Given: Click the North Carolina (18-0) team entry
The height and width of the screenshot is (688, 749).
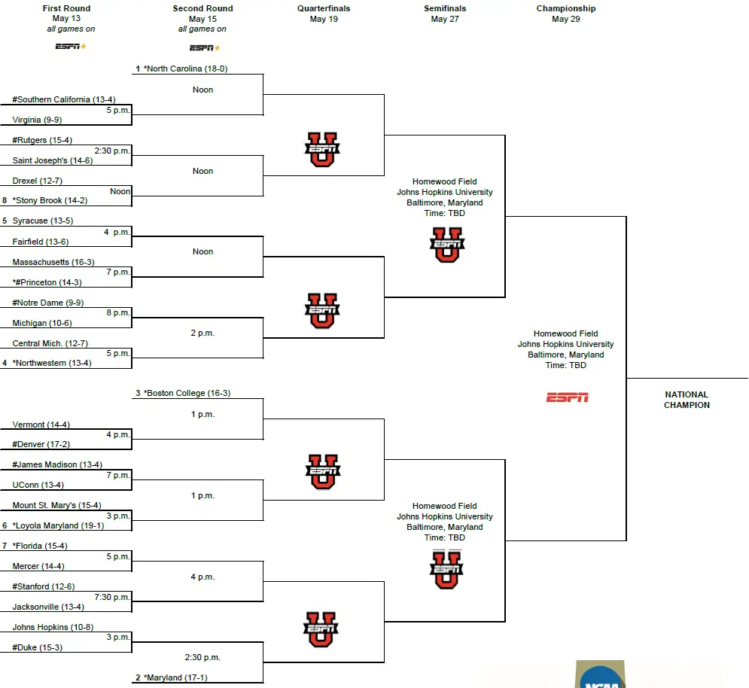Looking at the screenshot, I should pyautogui.click(x=185, y=68).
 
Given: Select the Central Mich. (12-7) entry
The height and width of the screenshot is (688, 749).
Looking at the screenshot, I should pyautogui.click(x=50, y=343).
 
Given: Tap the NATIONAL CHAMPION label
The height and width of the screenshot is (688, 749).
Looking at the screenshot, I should pyautogui.click(x=687, y=400).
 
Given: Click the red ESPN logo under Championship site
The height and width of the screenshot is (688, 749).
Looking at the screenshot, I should pyautogui.click(x=567, y=397).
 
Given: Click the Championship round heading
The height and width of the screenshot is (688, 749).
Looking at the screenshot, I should pyautogui.click(x=565, y=9).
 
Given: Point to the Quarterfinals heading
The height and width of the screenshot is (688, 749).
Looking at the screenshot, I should pyautogui.click(x=324, y=9).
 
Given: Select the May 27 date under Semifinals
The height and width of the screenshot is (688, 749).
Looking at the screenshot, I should pyautogui.click(x=444, y=20).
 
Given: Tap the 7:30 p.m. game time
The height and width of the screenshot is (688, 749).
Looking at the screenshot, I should pyautogui.click(x=113, y=597).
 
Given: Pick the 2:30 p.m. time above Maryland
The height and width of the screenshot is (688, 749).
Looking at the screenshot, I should pyautogui.click(x=202, y=657).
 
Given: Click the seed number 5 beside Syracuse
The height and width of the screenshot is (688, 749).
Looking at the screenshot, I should pyautogui.click(x=5, y=221).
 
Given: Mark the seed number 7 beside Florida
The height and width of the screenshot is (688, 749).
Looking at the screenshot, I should pyautogui.click(x=5, y=546).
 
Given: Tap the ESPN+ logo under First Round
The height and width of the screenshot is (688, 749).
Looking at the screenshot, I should pyautogui.click(x=71, y=47).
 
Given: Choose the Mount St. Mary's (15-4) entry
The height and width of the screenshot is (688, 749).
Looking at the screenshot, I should pyautogui.click(x=56, y=505).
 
